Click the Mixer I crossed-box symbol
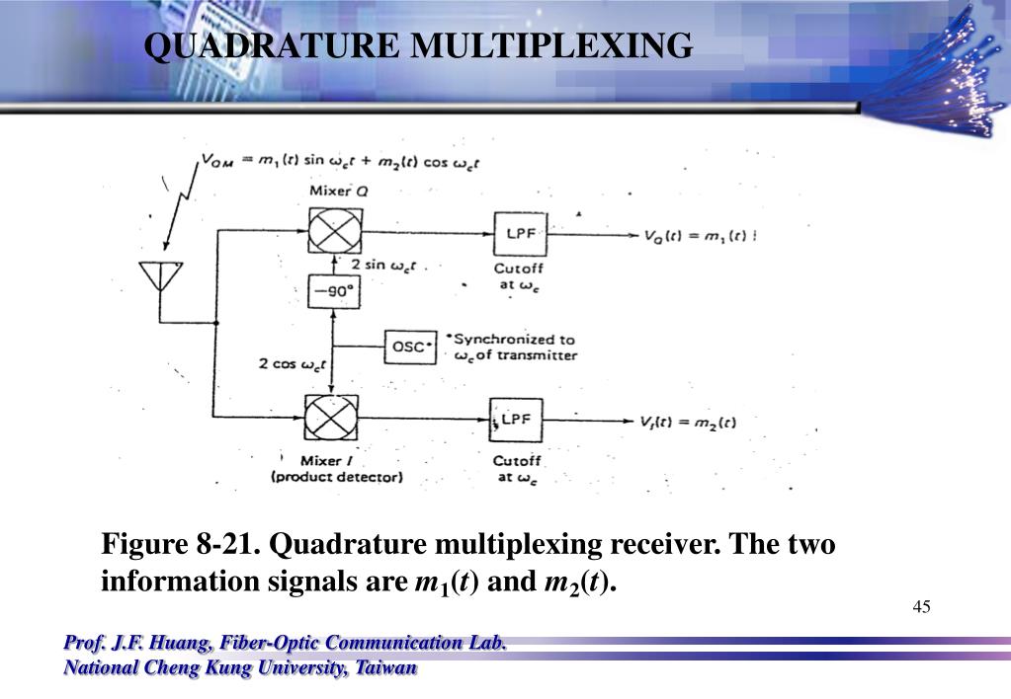pos(331,416)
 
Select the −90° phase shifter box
pos(333,292)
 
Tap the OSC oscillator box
pos(408,347)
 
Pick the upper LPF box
pos(520,233)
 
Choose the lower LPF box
pos(516,419)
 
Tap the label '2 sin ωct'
pos(384,266)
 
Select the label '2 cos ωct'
pos(293,364)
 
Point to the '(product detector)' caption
pos(337,478)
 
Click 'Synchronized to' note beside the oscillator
pos(514,339)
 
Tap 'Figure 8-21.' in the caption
pos(178,545)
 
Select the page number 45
pos(922,606)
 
